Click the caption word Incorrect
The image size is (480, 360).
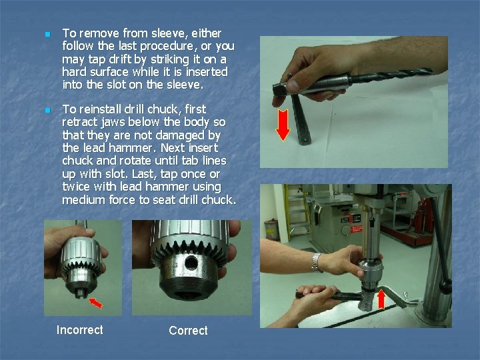(x=79, y=330)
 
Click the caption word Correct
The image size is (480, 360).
(x=188, y=330)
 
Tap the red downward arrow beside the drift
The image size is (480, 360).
(x=283, y=125)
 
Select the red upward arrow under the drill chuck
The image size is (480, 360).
(x=381, y=299)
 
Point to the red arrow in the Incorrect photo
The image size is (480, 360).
(x=96, y=303)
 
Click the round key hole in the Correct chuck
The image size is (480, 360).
(x=191, y=263)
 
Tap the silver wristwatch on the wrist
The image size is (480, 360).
(x=317, y=263)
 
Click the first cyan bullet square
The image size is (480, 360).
(x=48, y=34)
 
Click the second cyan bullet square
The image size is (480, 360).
(x=48, y=110)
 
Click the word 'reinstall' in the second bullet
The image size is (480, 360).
(x=103, y=109)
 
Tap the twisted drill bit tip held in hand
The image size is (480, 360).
(x=427, y=71)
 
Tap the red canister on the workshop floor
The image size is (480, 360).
(x=271, y=229)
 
